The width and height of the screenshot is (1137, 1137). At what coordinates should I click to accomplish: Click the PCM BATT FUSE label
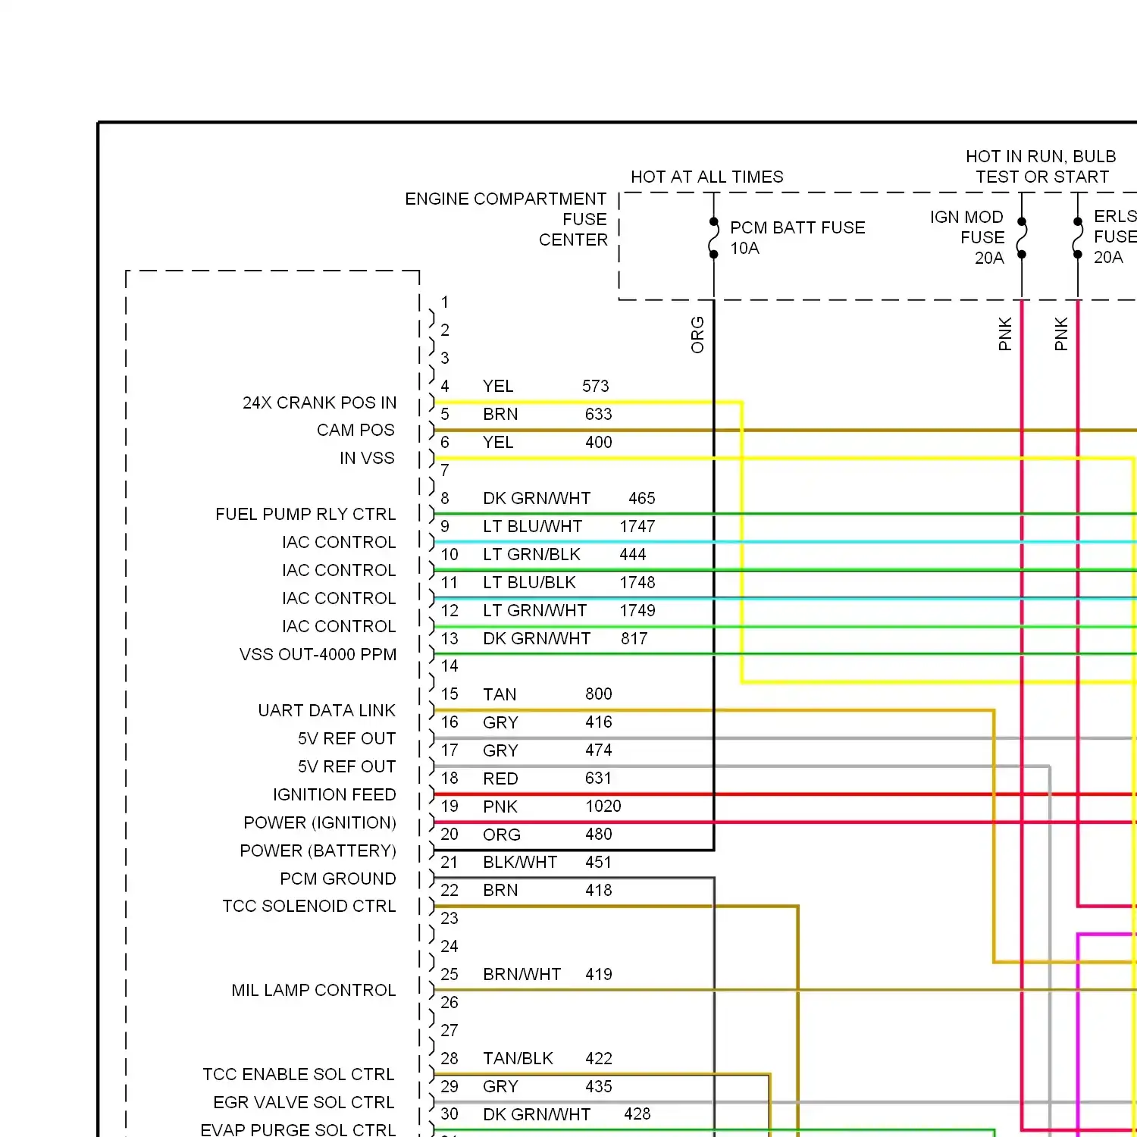797,227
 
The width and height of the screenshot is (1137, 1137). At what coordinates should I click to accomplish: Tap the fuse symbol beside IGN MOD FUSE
1022,238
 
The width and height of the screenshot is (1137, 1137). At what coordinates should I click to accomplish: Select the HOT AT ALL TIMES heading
707,177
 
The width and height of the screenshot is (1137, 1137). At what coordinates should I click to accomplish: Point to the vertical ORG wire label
697,335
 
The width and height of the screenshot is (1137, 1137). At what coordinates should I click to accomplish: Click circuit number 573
596,387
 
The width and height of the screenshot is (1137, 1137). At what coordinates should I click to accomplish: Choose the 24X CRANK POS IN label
319,402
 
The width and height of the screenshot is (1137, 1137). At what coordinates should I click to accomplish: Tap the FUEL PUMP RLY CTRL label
305,514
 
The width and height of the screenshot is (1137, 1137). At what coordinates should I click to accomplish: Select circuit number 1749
637,611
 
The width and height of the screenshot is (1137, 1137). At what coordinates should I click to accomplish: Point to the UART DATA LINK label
327,710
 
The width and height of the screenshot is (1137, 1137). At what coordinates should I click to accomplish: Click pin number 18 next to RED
449,778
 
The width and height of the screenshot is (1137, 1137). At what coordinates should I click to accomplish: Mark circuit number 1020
603,807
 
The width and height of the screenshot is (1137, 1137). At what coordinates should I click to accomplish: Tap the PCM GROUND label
338,879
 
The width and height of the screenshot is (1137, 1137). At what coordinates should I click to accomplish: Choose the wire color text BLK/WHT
520,863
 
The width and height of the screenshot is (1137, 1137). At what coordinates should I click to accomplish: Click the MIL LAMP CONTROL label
314,990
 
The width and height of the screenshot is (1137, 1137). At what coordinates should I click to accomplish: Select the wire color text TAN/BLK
518,1058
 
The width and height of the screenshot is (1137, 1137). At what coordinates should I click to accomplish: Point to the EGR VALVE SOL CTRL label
304,1102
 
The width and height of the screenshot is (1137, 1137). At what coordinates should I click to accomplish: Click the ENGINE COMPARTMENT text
506,199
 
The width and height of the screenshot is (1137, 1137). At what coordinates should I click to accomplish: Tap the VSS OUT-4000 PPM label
318,654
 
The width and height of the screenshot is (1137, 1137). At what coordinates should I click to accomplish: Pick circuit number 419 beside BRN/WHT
599,974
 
